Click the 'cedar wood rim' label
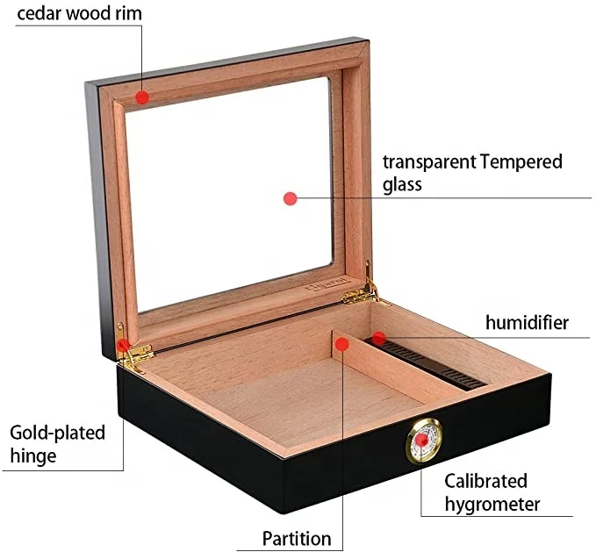coord(80,14)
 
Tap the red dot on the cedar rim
coord(142,97)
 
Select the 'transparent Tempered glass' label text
coord(472,173)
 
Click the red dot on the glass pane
coord(291,198)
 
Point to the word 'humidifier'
coord(528,323)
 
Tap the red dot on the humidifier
coord(378,338)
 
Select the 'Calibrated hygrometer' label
coord(492,492)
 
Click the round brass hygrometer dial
coord(423,441)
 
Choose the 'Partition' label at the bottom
coord(297,538)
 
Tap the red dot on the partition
coord(342,344)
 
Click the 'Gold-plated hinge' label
coord(57,444)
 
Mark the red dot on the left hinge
coord(123,346)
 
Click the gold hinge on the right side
coord(363,290)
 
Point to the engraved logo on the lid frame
coord(327,284)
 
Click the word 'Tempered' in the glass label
coord(521,162)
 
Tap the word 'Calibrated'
coord(485,481)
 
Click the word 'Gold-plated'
coord(57,434)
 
